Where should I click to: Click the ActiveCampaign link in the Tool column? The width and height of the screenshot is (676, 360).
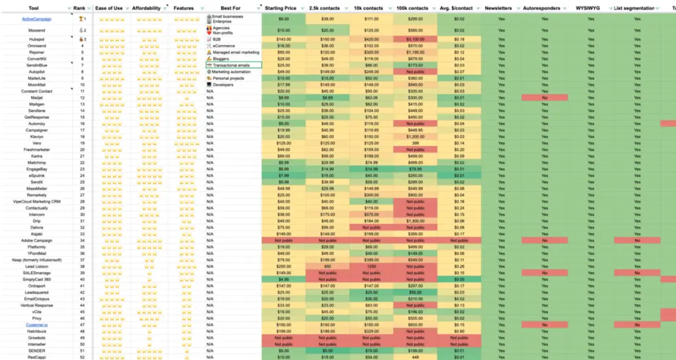tap(37, 19)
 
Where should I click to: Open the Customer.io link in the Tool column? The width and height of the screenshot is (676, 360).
tap(37, 325)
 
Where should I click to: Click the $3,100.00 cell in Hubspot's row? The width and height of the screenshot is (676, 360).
tap(415, 40)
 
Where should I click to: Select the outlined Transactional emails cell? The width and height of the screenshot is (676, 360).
tap(233, 65)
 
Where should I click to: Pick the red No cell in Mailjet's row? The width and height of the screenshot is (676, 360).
tap(545, 98)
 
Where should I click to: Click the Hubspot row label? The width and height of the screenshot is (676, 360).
tap(37, 40)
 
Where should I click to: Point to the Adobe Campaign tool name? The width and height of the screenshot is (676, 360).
tap(37, 240)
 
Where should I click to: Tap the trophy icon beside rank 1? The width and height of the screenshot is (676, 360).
tap(80, 19)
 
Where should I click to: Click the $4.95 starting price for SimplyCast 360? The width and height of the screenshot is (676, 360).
tap(283, 279)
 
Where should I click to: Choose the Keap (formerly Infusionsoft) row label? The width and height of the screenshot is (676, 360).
tap(37, 260)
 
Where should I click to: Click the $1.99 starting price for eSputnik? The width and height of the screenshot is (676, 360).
tap(283, 176)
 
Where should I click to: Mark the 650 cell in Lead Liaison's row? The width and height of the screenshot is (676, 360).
tap(371, 266)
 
